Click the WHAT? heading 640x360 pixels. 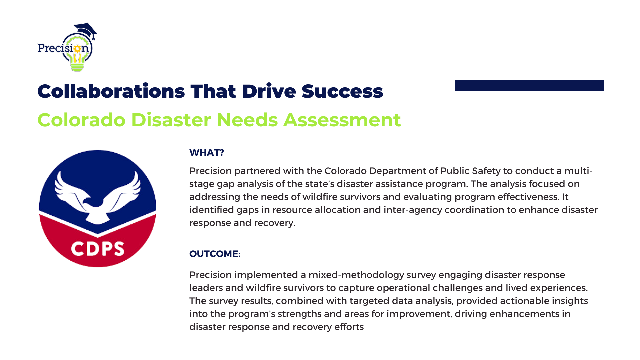pos(206,153)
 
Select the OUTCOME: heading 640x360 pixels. pos(215,254)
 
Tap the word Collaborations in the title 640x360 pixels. pos(111,91)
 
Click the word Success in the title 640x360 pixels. pos(342,91)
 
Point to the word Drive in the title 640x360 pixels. pos(269,91)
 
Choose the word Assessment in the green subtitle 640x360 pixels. pos(342,120)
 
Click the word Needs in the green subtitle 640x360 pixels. pos(247,120)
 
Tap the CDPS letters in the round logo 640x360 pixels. pos(98,249)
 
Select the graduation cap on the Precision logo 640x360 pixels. pos(86,30)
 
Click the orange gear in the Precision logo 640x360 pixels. pos(77,49)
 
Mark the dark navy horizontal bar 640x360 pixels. pos(530,86)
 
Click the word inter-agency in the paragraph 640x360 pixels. pos(413,210)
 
